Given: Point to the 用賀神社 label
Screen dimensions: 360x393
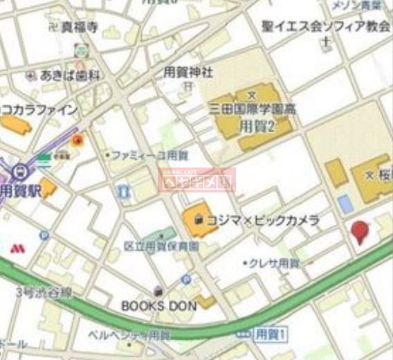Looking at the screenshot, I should click(x=188, y=71).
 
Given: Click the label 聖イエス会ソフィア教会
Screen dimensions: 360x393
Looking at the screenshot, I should click(x=326, y=26).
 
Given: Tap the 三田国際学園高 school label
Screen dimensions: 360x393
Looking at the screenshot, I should click(x=254, y=108).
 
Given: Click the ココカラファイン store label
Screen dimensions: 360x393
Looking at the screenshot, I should click(x=38, y=109).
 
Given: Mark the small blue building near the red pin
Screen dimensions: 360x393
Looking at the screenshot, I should click(x=344, y=204).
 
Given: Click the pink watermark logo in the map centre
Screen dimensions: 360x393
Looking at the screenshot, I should click(x=198, y=180).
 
